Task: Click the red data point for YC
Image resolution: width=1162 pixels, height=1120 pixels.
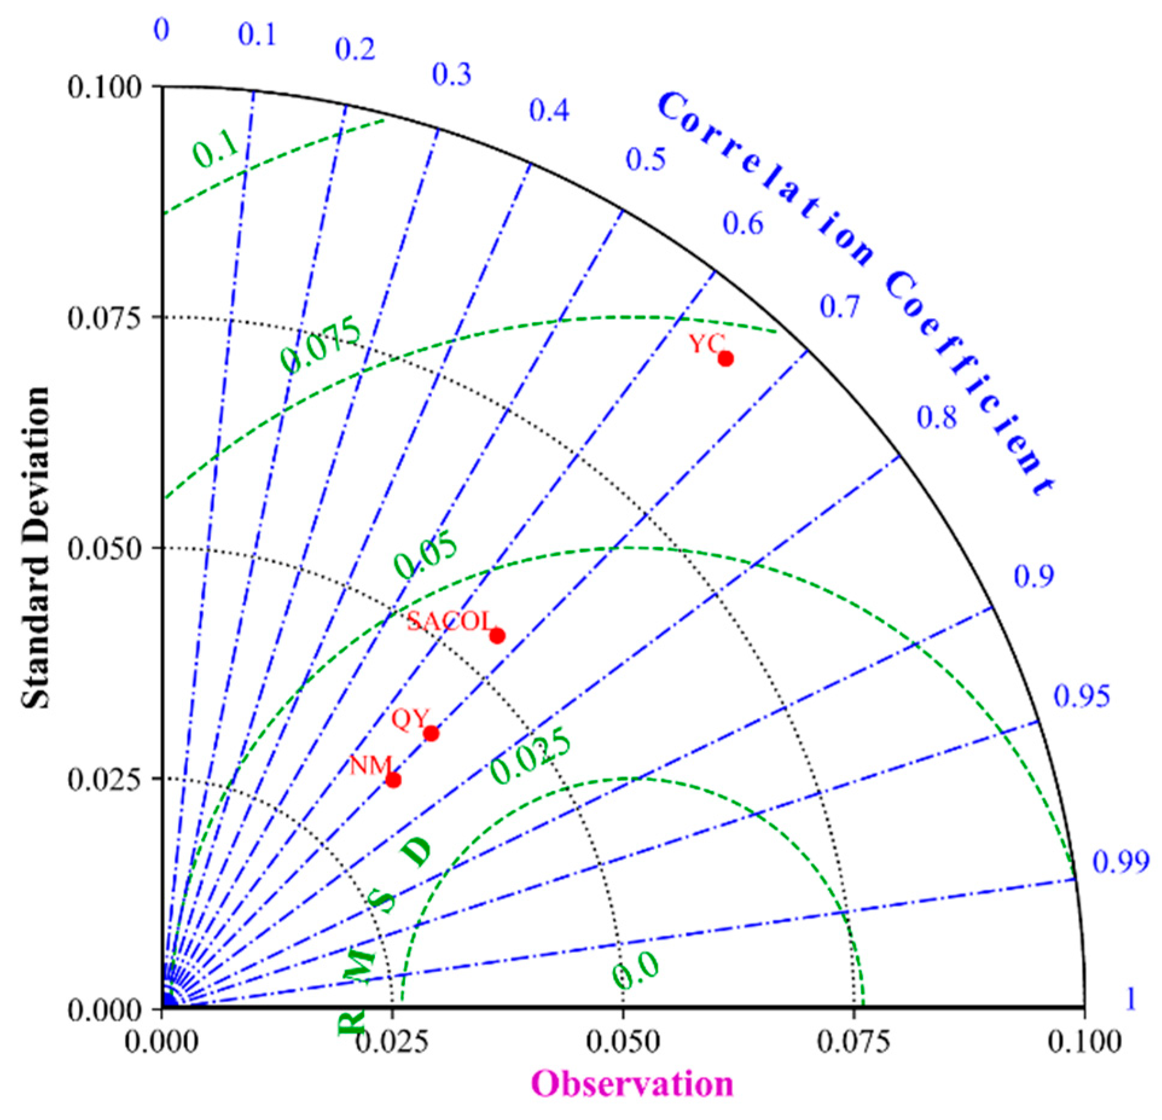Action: pos(725,359)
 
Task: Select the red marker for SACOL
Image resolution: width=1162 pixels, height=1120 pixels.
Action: pos(497,636)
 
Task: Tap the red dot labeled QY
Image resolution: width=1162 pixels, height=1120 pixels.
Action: pos(431,734)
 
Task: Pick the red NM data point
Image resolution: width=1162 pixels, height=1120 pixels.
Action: pos(393,780)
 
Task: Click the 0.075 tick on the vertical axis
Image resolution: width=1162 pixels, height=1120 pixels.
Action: pos(104,318)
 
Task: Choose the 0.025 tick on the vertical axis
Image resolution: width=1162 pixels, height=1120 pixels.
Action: pos(104,779)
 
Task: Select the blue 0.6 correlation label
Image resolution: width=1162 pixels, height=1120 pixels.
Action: pos(743,224)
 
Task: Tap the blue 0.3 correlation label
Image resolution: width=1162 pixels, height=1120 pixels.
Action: pos(451,74)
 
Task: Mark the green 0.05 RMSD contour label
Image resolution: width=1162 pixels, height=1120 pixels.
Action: pos(426,556)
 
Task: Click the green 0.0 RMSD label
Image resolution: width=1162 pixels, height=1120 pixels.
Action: pos(635,970)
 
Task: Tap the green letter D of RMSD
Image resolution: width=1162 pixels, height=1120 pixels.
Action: pos(417,851)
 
